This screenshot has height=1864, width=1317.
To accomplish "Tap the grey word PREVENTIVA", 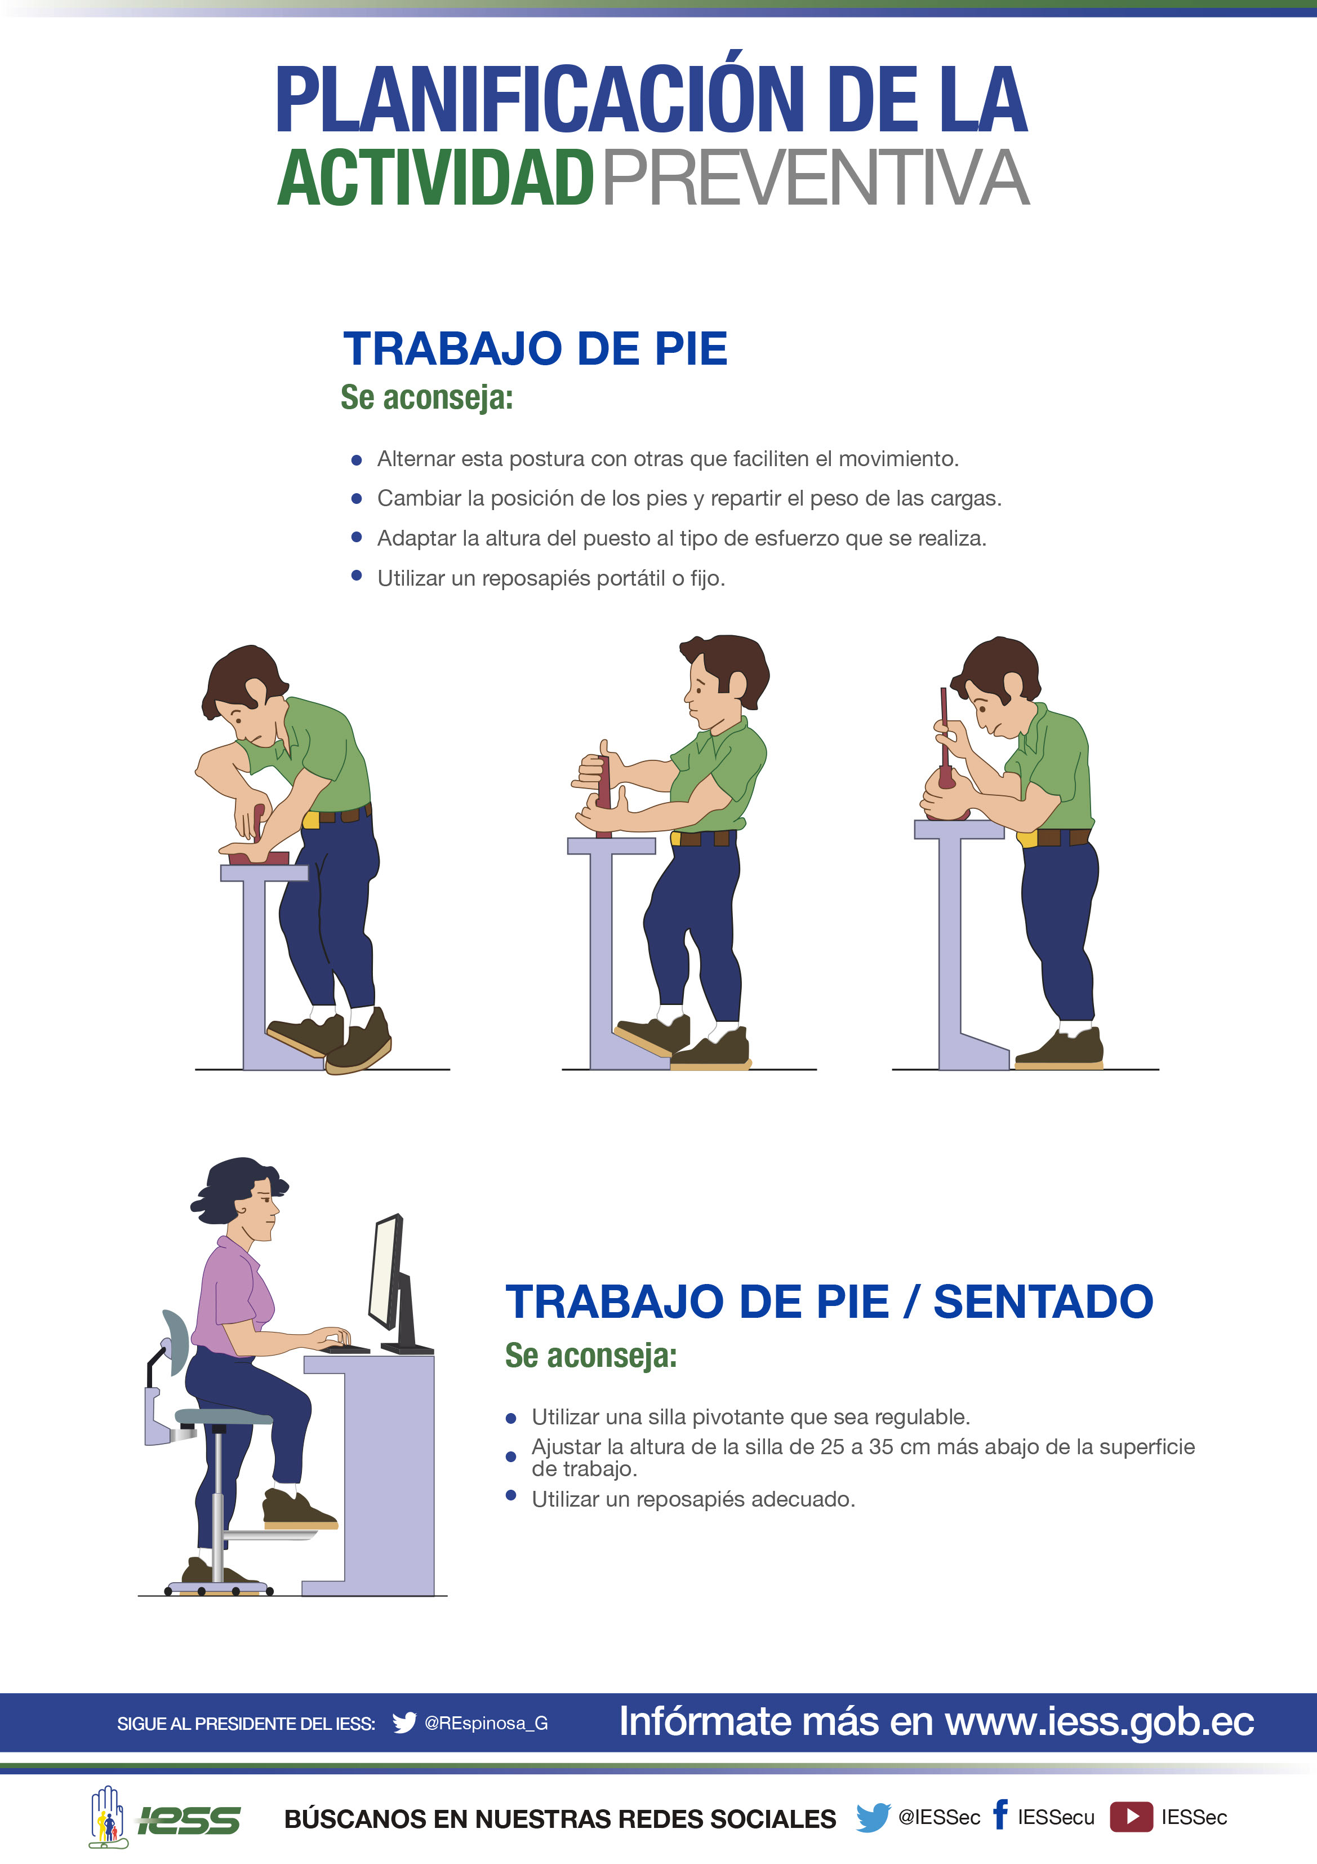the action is [x=816, y=178].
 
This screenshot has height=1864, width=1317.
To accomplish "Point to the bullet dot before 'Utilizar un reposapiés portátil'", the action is [x=356, y=575].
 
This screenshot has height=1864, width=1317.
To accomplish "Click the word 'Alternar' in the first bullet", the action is [x=416, y=459].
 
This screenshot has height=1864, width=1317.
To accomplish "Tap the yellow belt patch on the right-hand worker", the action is [x=1026, y=838].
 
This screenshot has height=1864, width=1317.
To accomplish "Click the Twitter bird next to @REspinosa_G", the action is [x=404, y=1723].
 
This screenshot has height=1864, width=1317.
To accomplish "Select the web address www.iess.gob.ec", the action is [x=1100, y=1721].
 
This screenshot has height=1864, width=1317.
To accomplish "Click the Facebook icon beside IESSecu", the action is [x=1000, y=1814].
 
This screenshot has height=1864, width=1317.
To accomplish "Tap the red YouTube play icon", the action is [x=1131, y=1816].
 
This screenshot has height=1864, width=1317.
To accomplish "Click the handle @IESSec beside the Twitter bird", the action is [x=939, y=1817].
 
